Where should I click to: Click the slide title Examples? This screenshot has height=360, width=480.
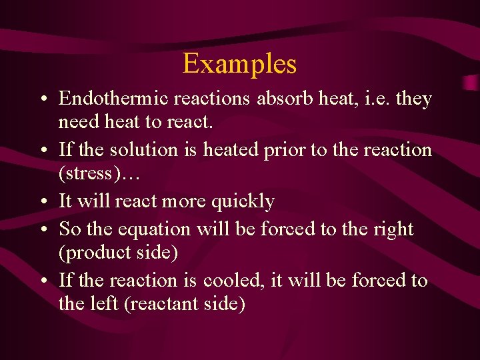(239, 64)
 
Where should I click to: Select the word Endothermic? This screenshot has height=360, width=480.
(113, 99)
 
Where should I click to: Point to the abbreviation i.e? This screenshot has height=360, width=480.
(375, 99)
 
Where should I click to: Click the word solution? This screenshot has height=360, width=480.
(149, 150)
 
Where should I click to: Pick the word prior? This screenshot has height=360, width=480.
(283, 151)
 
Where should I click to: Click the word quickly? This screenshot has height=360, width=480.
(242, 201)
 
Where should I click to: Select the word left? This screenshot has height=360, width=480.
(102, 304)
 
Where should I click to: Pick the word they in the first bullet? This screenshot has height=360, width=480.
(415, 99)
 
